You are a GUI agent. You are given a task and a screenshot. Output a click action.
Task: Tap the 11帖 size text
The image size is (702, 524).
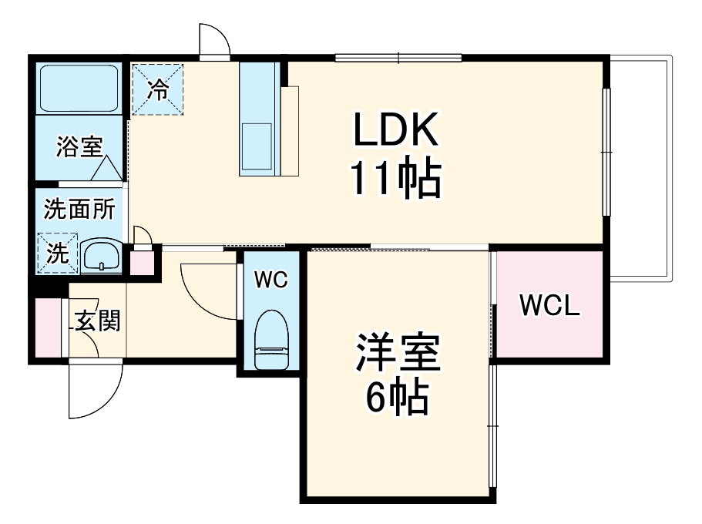[x=396, y=178]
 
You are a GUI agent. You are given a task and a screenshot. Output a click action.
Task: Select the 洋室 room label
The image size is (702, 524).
[x=398, y=353]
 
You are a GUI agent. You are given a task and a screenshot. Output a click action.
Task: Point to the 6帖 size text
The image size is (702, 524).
[x=398, y=398]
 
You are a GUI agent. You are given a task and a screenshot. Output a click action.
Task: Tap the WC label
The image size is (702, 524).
[x=271, y=280]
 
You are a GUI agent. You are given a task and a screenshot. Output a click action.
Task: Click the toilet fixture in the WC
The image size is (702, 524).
[x=271, y=340]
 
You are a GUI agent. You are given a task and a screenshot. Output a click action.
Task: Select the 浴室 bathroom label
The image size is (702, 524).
[x=79, y=146]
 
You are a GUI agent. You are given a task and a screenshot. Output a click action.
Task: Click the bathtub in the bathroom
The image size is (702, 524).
[x=79, y=89]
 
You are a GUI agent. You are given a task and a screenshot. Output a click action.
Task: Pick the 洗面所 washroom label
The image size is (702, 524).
[x=79, y=209]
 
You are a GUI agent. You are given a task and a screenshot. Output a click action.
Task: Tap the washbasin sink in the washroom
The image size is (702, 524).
[x=102, y=255]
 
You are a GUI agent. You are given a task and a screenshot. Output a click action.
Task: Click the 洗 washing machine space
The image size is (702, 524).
[x=58, y=254]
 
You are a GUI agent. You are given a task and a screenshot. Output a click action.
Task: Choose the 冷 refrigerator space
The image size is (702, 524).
[x=158, y=89]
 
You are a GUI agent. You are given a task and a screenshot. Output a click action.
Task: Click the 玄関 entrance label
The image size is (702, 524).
[x=98, y=321]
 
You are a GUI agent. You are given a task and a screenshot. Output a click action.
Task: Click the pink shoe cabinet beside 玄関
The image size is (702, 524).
[x=49, y=327]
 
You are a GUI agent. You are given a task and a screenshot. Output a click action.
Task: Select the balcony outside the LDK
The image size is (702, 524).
[x=640, y=168]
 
